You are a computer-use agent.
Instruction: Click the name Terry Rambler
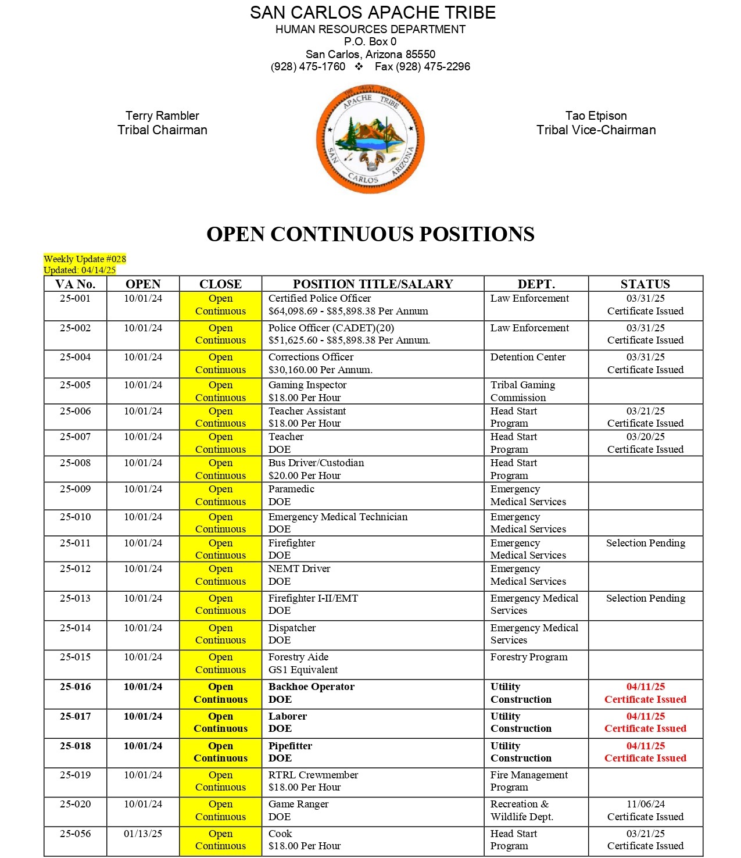tap(162, 116)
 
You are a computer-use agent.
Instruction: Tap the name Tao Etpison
tap(596, 116)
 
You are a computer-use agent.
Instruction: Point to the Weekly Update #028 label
tap(85, 259)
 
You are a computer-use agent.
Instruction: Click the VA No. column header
tap(75, 284)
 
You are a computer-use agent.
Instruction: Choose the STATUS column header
tap(645, 284)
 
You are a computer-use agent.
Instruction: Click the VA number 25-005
tap(75, 385)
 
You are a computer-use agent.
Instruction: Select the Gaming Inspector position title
tap(307, 385)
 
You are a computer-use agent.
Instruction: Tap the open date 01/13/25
tap(143, 834)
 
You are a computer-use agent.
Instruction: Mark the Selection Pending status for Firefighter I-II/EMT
tap(645, 598)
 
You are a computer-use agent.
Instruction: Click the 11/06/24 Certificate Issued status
tap(645, 810)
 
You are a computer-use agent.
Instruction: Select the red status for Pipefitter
tap(645, 752)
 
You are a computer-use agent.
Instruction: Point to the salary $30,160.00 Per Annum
tap(320, 370)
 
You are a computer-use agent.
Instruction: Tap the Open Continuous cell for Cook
tap(220, 840)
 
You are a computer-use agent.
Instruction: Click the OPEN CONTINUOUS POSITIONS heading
tap(370, 234)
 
